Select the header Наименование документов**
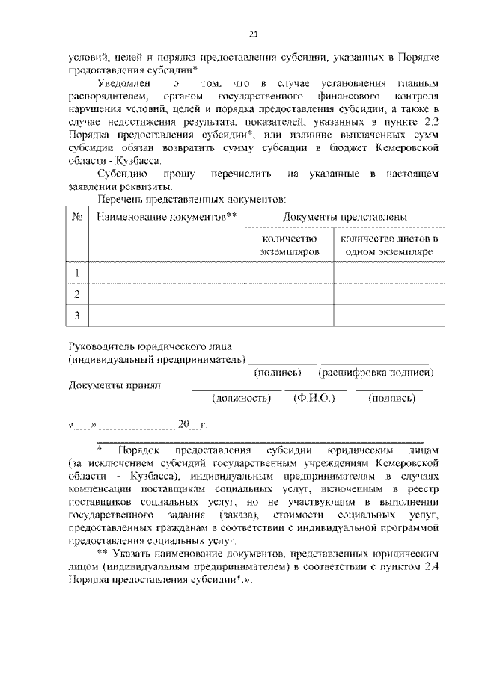pos(166,216)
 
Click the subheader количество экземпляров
pos(289,245)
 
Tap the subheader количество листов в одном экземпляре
pos(388,245)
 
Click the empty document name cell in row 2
pos(166,294)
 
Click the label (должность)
pos(241,399)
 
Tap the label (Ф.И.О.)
pos(314,399)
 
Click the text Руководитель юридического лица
pos(150,346)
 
